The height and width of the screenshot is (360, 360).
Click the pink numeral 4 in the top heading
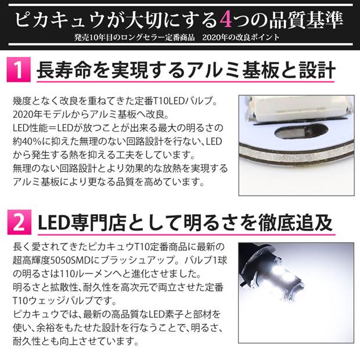pyautogui.click(x=225, y=20)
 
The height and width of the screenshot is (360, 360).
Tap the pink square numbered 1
pyautogui.click(x=19, y=70)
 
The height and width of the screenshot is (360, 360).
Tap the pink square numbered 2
pyautogui.click(x=19, y=222)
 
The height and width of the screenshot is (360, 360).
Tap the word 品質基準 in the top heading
pyautogui.click(x=306, y=20)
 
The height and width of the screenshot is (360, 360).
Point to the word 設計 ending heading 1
pyautogui.click(x=317, y=70)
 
